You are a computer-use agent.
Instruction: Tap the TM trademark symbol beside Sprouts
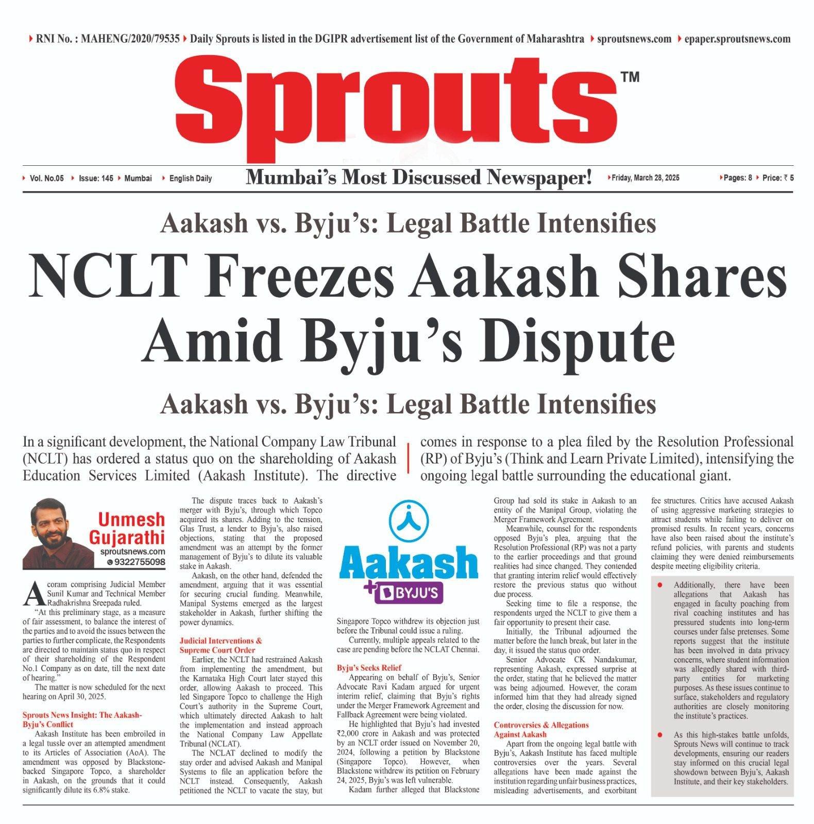(x=630, y=77)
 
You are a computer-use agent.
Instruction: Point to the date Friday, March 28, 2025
(x=646, y=178)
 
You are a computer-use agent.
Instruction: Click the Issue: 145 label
(x=96, y=178)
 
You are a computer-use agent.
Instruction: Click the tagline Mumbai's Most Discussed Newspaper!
(x=418, y=178)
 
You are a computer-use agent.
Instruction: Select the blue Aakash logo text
(x=409, y=563)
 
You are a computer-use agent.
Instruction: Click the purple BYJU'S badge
(x=410, y=593)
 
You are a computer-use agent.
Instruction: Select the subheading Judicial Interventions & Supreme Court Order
(x=221, y=645)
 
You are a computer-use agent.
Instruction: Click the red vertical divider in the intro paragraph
(x=408, y=458)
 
